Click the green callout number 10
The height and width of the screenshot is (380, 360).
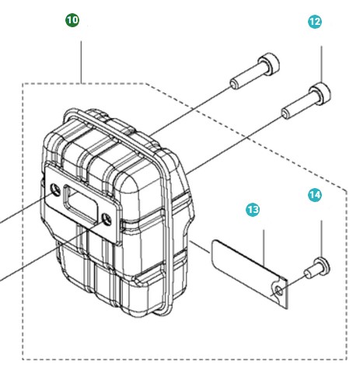(72, 20)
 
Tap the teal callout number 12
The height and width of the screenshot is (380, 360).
(315, 23)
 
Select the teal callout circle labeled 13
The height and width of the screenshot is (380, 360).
(253, 210)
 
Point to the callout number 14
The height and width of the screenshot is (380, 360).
(314, 196)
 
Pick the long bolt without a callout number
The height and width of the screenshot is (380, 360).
(253, 72)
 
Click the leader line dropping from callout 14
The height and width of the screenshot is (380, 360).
(321, 237)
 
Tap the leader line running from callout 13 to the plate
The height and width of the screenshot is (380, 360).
(265, 249)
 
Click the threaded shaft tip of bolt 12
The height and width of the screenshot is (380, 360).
(286, 114)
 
